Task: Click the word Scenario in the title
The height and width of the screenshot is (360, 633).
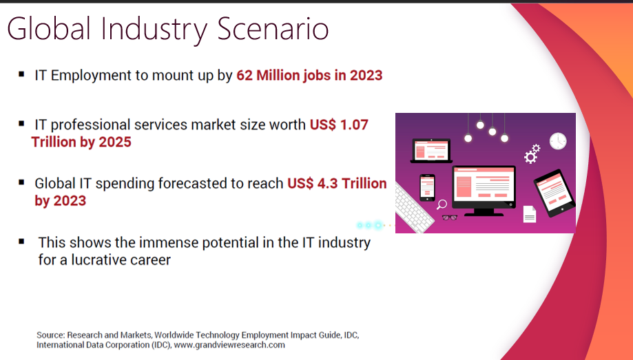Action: (273, 28)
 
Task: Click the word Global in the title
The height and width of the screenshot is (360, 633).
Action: (49, 28)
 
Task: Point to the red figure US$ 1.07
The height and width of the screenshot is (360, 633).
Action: (339, 125)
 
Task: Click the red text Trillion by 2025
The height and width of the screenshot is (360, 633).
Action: (81, 142)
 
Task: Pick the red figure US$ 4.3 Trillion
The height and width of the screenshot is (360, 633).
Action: (337, 184)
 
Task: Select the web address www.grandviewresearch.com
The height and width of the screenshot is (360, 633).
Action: (229, 345)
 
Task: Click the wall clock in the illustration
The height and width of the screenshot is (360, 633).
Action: (558, 141)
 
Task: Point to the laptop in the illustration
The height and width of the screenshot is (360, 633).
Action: (431, 151)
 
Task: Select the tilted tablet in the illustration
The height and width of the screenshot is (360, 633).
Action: (554, 193)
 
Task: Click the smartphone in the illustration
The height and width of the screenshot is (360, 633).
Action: (427, 188)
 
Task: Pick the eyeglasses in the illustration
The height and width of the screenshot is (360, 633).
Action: (449, 218)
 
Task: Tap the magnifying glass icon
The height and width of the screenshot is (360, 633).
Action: (442, 204)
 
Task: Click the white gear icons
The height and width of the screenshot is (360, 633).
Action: (532, 153)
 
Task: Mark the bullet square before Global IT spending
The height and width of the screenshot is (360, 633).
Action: (21, 182)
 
